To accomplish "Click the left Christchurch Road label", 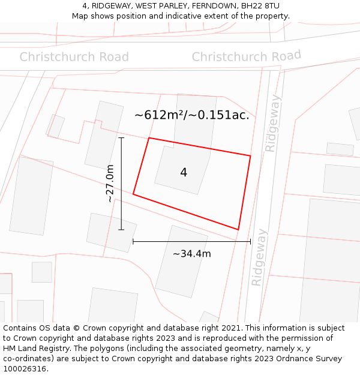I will [x=74, y=57].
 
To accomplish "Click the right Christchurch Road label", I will [x=246, y=56].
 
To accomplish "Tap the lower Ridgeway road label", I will [x=258, y=257].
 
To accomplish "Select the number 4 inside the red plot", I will [x=184, y=172].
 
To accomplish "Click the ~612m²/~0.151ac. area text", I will [x=191, y=115].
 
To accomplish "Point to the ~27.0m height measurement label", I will [x=110, y=183].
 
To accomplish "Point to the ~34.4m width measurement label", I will [x=191, y=254].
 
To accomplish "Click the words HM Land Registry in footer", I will [x=37, y=349].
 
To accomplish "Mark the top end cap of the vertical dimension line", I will [x=121, y=138].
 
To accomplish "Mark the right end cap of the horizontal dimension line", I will [x=250, y=241].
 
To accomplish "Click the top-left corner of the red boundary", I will [x=149, y=138].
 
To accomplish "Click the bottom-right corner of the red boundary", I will [x=238, y=229].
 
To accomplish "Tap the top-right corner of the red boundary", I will [x=250, y=156].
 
